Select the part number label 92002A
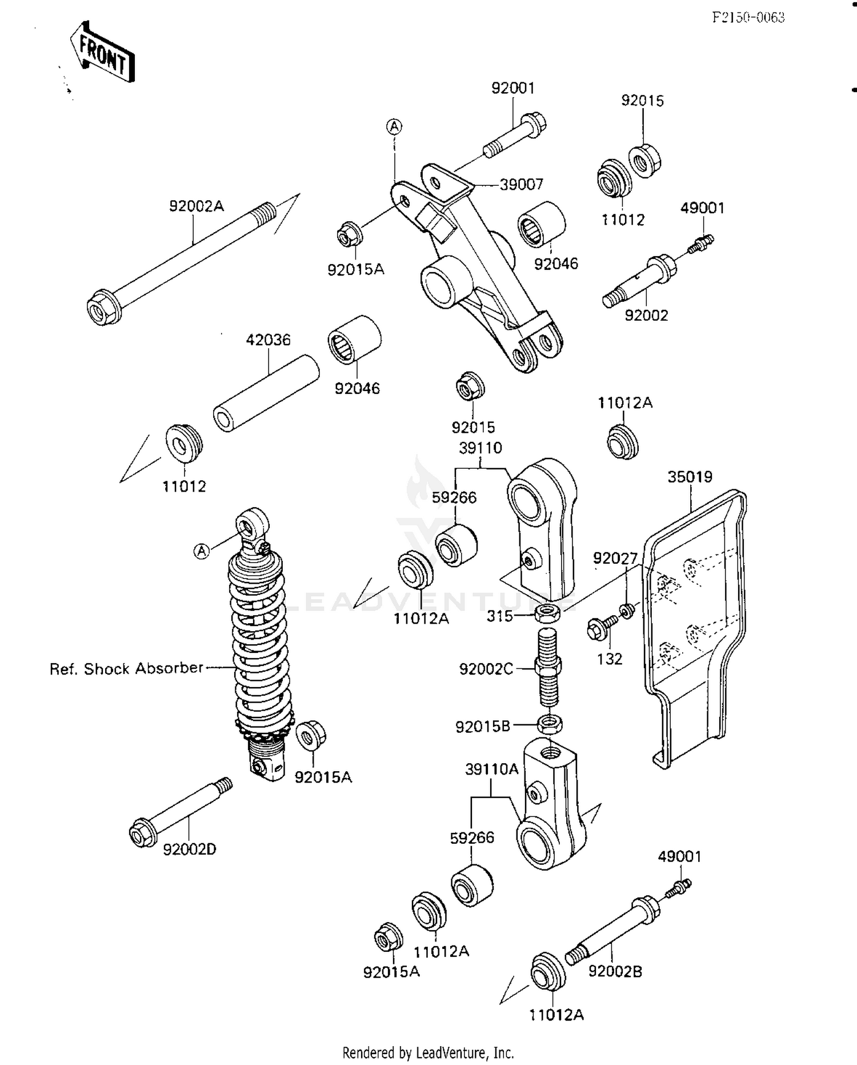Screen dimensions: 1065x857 [196, 206]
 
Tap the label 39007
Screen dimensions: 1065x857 [521, 185]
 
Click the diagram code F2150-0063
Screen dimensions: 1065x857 [748, 18]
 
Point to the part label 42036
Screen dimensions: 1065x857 [268, 340]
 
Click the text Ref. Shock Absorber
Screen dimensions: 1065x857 [126, 669]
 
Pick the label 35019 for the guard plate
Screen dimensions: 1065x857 [690, 477]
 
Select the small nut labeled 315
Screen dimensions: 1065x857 [547, 614]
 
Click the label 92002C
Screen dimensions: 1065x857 [486, 669]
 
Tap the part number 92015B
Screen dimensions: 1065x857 [482, 727]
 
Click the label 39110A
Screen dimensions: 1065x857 [491, 769]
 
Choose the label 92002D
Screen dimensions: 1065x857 [190, 849]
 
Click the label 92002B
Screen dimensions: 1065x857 [615, 971]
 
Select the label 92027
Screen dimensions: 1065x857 [615, 559]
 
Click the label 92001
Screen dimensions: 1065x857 [512, 88]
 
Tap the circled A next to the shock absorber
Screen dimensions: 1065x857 [201, 551]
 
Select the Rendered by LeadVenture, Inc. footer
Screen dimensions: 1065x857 [428, 1052]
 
